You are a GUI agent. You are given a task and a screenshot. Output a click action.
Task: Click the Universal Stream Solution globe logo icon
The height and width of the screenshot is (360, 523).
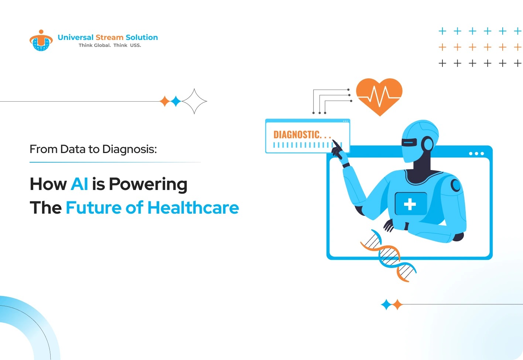[x=41, y=40]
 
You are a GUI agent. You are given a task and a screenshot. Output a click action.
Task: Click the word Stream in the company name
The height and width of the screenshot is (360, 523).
[x=109, y=37]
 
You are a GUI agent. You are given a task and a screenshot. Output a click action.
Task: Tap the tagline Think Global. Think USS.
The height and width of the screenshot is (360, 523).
[x=110, y=45]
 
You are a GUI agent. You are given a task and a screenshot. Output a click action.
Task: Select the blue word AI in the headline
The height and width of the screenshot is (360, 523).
[x=79, y=184]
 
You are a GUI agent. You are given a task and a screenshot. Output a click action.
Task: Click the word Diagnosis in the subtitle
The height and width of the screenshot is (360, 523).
[x=129, y=150]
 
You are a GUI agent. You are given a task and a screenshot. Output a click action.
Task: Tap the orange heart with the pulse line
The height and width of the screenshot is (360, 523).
[x=379, y=97]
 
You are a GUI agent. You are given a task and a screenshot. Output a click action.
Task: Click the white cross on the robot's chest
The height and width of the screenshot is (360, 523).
[x=410, y=204]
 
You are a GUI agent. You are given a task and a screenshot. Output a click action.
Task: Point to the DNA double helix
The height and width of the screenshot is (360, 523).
[x=389, y=255]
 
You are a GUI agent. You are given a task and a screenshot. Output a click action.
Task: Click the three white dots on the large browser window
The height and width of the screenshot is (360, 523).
[x=476, y=153]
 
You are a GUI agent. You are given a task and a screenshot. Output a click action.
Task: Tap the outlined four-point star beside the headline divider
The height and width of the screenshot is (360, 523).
[x=194, y=101]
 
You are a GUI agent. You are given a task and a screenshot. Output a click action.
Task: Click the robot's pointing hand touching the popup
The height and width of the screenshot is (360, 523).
[x=338, y=150]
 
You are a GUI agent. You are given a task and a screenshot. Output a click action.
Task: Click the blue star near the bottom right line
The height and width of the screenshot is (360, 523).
[x=386, y=305]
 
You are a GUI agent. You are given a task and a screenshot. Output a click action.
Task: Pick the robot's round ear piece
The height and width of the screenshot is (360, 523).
[x=428, y=143]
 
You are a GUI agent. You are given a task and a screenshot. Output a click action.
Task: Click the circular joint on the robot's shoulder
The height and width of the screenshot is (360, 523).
[x=456, y=185]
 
